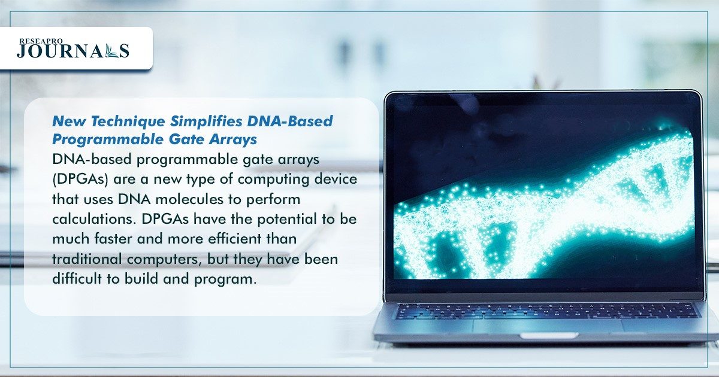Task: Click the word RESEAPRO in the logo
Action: [x=41, y=41]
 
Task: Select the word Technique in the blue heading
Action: [x=128, y=121]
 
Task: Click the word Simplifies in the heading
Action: [x=206, y=121]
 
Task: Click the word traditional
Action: [x=87, y=259]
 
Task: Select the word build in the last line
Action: [x=141, y=279]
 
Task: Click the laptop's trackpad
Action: [x=547, y=326]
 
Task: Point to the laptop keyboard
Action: [x=546, y=311]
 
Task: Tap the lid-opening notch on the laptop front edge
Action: [x=549, y=335]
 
